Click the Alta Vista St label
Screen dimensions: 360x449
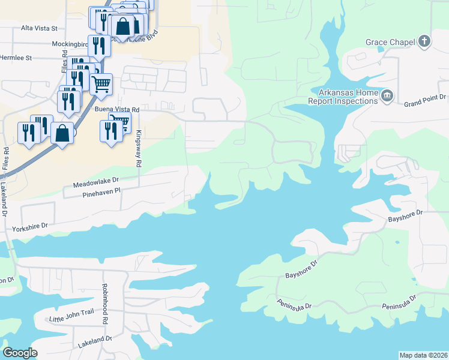(x=38, y=28)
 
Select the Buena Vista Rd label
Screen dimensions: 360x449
(x=117, y=110)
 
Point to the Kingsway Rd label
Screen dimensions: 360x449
(x=138, y=149)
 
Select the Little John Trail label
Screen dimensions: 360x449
(x=72, y=319)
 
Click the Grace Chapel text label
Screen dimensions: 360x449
(x=391, y=43)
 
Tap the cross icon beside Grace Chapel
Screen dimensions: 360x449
(x=425, y=41)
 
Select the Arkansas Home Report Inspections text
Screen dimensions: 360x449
(x=343, y=97)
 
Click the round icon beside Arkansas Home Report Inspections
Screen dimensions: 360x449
(x=387, y=95)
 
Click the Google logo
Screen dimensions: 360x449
(x=20, y=353)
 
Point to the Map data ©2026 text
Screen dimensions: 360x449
(x=423, y=355)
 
